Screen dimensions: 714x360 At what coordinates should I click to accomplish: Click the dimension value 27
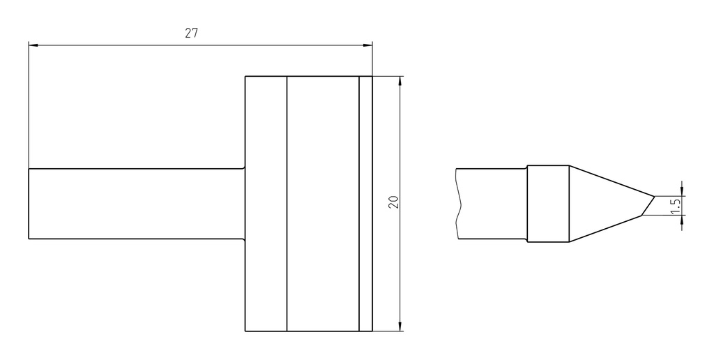pyautogui.click(x=191, y=33)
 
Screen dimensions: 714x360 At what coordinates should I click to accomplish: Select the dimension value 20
pyautogui.click(x=394, y=202)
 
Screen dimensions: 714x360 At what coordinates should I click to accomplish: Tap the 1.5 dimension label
pyautogui.click(x=676, y=206)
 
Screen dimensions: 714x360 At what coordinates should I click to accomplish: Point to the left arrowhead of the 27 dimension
pyautogui.click(x=33, y=45)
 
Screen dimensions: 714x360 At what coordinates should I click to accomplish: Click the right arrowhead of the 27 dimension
pyautogui.click(x=367, y=45)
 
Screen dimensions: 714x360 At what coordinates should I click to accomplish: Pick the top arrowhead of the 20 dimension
pyautogui.click(x=400, y=81)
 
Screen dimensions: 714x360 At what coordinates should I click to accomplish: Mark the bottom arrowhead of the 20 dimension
pyautogui.click(x=400, y=327)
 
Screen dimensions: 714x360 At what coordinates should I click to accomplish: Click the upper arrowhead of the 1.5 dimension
pyautogui.click(x=682, y=191)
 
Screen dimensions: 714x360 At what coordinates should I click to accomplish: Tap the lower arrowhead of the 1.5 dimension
pyautogui.click(x=682, y=220)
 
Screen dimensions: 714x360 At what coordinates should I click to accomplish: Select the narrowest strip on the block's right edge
pyautogui.click(x=365, y=204)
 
